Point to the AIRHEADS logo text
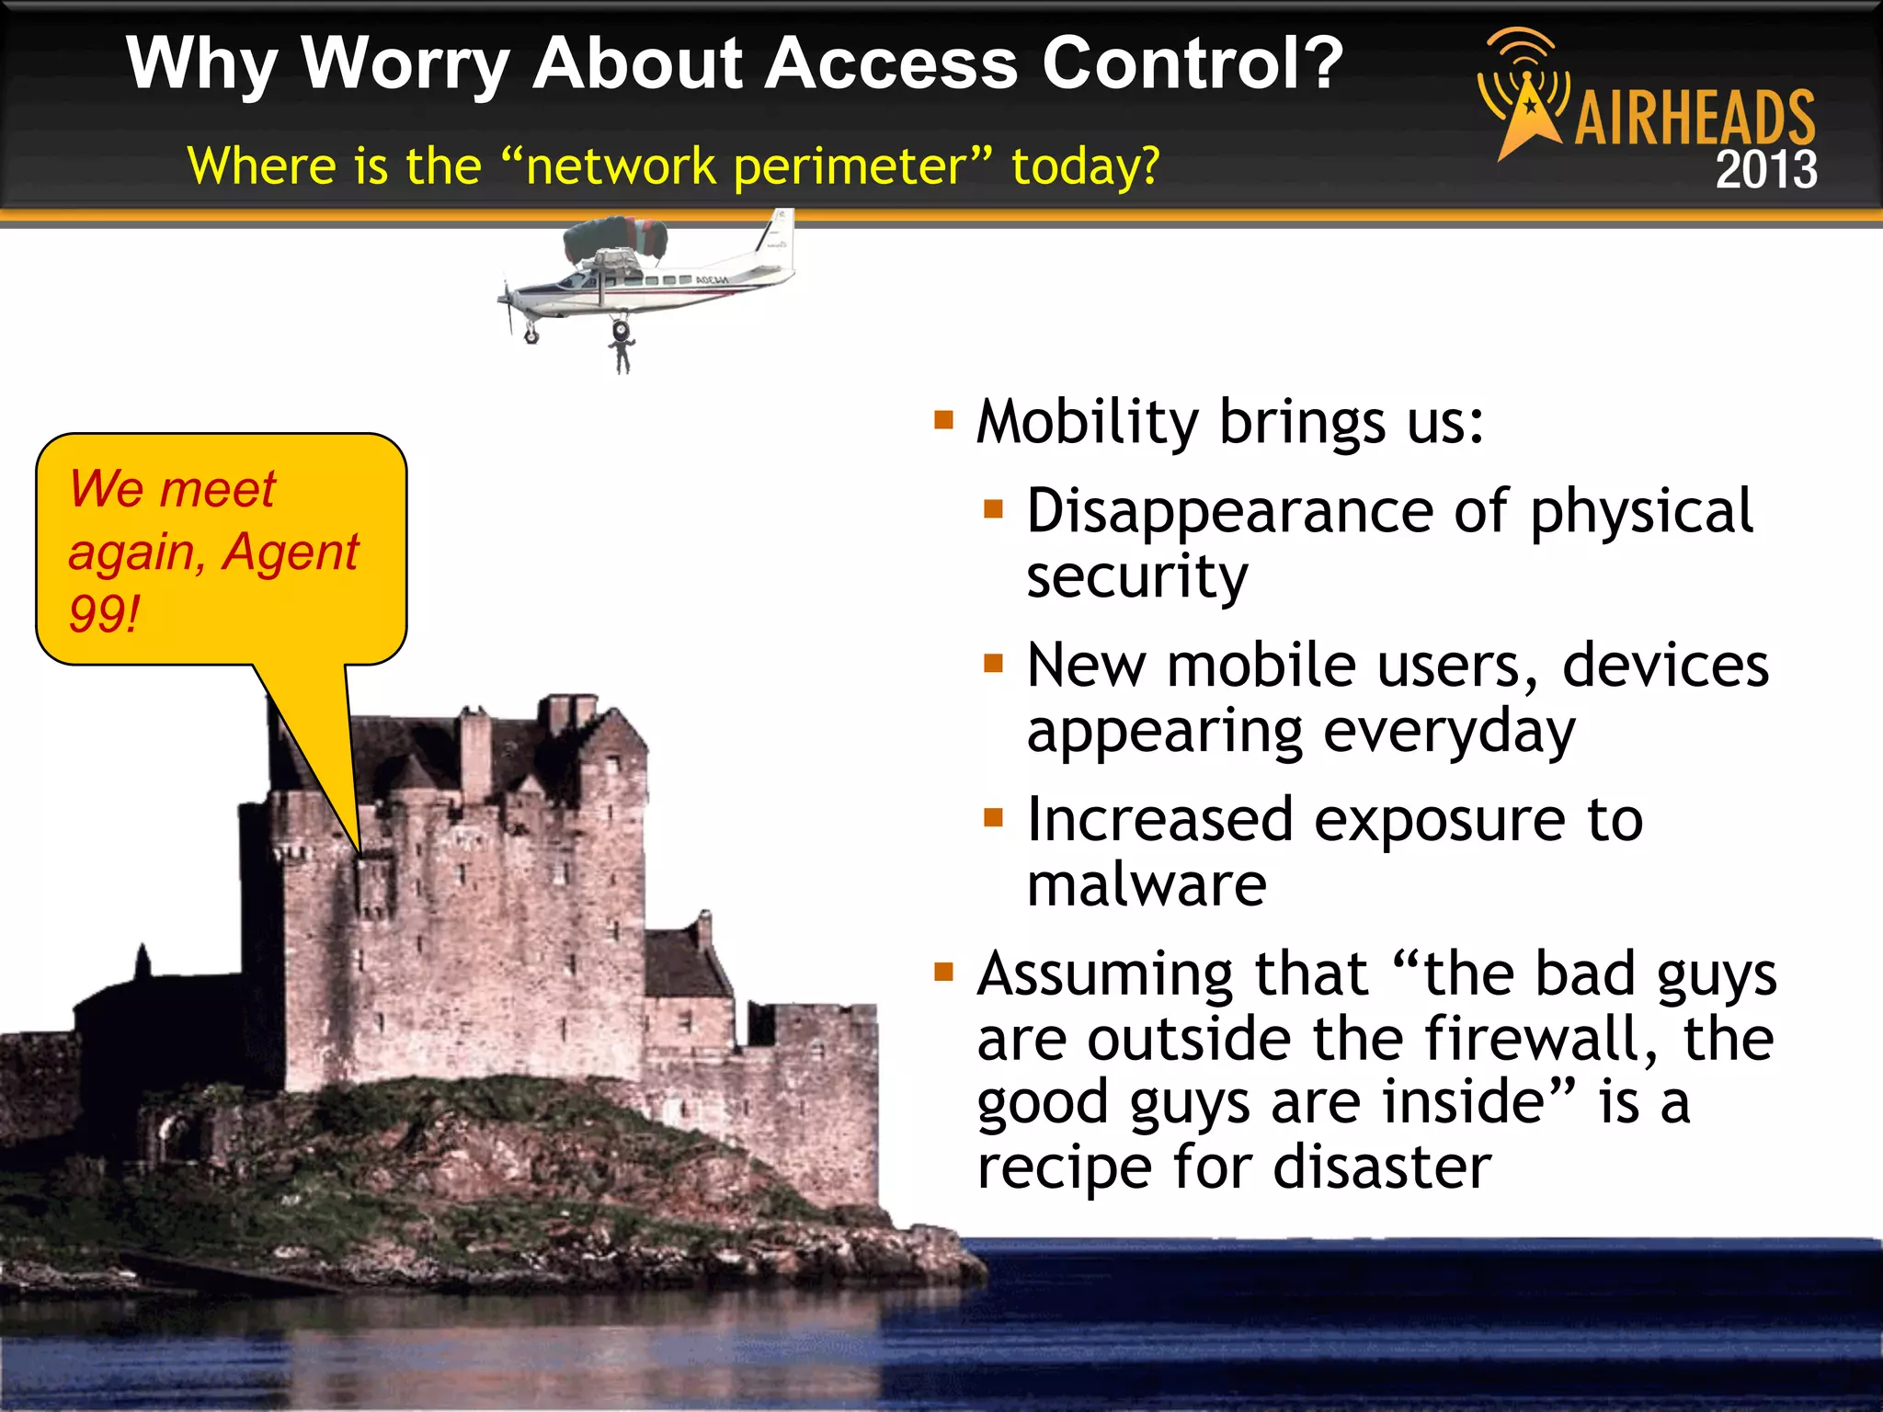click(x=1695, y=119)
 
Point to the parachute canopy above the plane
click(x=614, y=237)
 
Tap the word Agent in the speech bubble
click(x=291, y=552)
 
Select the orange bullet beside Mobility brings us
click(x=943, y=421)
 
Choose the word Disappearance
click(x=1229, y=511)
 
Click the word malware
click(x=1146, y=884)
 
